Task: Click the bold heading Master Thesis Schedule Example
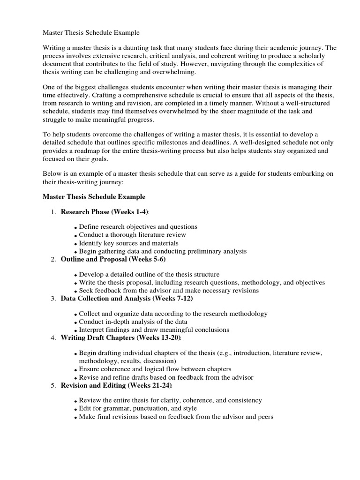[x=94, y=196]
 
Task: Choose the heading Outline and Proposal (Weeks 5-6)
[x=113, y=259]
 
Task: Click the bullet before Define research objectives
[x=75, y=228]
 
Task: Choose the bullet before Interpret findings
[x=75, y=331]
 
